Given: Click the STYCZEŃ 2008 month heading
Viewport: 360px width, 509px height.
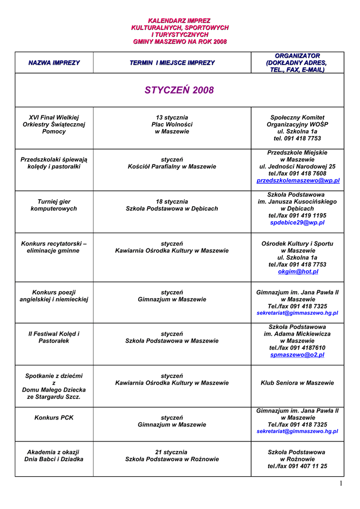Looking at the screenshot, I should pyautogui.click(x=179, y=90).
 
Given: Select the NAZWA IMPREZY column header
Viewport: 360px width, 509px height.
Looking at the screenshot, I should pyautogui.click(x=54, y=63).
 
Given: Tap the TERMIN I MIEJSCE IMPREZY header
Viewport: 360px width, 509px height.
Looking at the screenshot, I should pyautogui.click(x=172, y=63).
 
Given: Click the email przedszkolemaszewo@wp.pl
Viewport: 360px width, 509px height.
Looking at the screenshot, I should pyautogui.click(x=298, y=181).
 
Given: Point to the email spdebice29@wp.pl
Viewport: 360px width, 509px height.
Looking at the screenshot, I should pyautogui.click(x=297, y=223).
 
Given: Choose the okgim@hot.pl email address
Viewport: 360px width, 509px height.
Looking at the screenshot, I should pyautogui.click(x=298, y=272).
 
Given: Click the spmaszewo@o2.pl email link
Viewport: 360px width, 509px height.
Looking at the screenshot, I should pyautogui.click(x=297, y=355).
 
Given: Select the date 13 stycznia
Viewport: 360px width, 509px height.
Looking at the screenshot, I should pyautogui.click(x=172, y=117).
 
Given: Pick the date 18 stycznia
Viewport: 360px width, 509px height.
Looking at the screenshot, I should pyautogui.click(x=172, y=201).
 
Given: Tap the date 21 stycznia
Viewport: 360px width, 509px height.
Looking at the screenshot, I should pyautogui.click(x=172, y=452).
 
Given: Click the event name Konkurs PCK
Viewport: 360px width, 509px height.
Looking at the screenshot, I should pyautogui.click(x=54, y=418).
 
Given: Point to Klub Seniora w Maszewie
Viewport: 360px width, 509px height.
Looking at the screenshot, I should pyautogui.click(x=297, y=383).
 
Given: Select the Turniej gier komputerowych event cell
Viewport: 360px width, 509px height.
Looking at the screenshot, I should pyautogui.click(x=54, y=205).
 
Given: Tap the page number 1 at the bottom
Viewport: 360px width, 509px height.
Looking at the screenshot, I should pyautogui.click(x=341, y=484).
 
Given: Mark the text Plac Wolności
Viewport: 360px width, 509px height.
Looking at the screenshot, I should pyautogui.click(x=172, y=124).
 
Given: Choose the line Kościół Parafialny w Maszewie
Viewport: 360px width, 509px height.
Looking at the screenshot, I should pyautogui.click(x=172, y=167).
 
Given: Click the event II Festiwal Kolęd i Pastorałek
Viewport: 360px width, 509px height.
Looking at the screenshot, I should pyautogui.click(x=54, y=337).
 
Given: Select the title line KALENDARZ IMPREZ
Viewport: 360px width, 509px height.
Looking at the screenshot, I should pyautogui.click(x=180, y=21).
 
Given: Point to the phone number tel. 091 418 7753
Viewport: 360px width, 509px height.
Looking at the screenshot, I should pyautogui.click(x=297, y=139).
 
